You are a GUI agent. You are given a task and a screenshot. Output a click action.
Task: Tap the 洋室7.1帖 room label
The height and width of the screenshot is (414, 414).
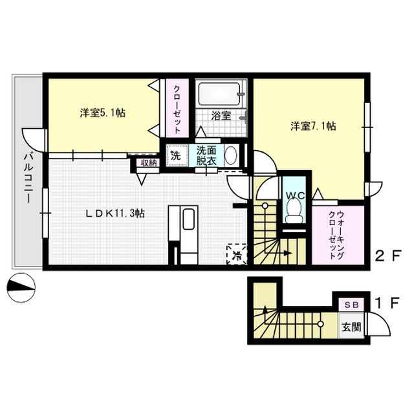(x=312, y=126)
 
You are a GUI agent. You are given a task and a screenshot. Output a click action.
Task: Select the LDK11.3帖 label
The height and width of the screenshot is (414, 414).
(x=116, y=212)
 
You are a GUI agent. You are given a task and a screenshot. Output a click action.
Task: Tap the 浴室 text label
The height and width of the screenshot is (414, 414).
(x=221, y=116)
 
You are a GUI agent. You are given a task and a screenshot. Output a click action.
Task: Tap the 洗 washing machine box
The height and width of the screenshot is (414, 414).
(x=175, y=156)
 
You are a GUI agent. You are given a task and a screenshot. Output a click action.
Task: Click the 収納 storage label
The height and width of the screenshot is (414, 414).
(x=148, y=163)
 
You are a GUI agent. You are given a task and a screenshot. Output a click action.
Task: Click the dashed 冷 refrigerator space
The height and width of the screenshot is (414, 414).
(x=237, y=254)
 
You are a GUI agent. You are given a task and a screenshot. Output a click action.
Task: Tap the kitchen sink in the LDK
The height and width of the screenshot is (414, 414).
(x=189, y=220)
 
